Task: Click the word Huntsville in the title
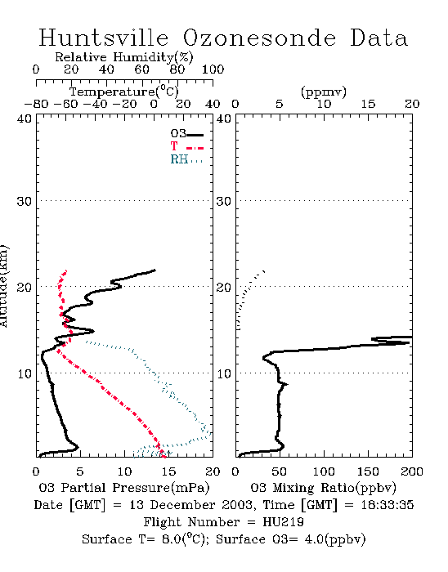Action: coord(104,38)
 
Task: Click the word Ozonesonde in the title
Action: coord(259,38)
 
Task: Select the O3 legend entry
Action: coord(186,134)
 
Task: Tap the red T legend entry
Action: coord(186,146)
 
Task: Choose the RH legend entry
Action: coord(186,159)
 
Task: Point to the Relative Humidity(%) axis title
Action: coord(124,57)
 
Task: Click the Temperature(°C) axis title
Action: coord(124,92)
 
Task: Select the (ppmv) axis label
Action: coord(324,92)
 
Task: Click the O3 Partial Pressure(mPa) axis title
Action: coord(124,488)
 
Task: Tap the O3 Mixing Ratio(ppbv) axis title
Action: coord(323,488)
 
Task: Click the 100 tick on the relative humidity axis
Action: coord(213,69)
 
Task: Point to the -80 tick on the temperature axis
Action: coord(36,104)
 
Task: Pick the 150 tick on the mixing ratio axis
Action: coord(368,471)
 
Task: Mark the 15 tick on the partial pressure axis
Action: coord(168,471)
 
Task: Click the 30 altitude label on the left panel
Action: coord(25,201)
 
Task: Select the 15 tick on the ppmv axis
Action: coord(368,104)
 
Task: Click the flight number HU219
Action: coord(283,522)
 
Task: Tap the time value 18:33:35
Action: coord(388,505)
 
